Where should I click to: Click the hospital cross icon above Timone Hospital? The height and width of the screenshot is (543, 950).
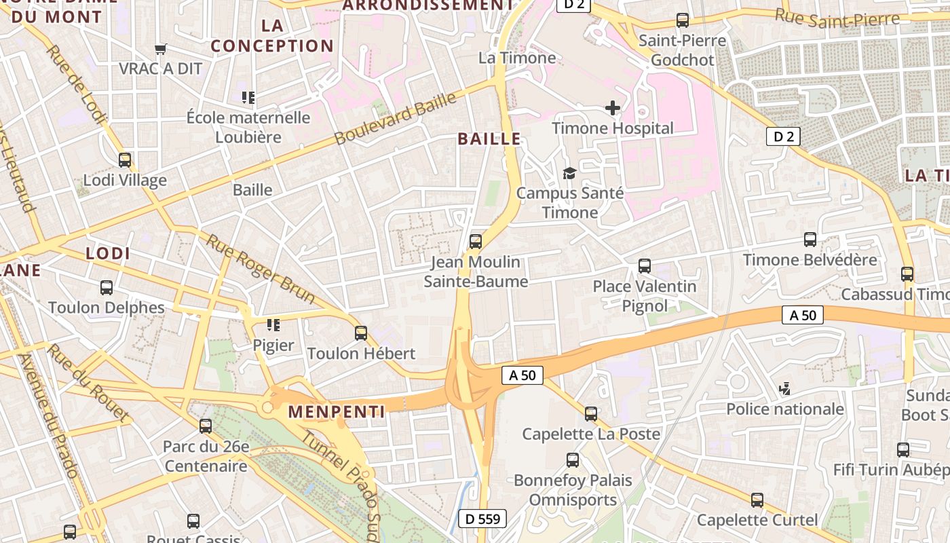click(612, 107)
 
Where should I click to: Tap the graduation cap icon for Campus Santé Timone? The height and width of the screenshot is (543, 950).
click(569, 173)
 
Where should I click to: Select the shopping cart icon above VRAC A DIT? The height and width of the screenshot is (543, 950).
click(161, 49)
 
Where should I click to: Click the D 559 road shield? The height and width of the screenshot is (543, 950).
click(482, 519)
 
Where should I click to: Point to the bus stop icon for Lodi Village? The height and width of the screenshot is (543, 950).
click(125, 160)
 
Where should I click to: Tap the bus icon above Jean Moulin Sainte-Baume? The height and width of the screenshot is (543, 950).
click(476, 241)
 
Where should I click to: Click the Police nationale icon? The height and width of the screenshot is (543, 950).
click(785, 389)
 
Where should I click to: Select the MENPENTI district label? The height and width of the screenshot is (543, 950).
click(337, 411)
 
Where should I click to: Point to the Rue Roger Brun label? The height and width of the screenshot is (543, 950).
click(261, 269)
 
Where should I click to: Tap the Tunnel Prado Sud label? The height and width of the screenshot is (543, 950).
click(339, 486)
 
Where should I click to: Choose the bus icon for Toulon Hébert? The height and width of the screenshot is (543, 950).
click(361, 333)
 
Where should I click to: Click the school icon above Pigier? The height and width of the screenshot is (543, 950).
click(273, 325)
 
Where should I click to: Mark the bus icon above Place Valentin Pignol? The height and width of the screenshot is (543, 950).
click(645, 266)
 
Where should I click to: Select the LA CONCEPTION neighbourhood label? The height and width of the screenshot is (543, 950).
click(272, 36)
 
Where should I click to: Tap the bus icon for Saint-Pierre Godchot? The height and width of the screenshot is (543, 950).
click(683, 20)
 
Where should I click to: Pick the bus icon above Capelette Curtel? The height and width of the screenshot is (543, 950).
click(757, 500)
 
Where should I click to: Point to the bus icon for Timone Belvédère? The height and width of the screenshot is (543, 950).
click(810, 240)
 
